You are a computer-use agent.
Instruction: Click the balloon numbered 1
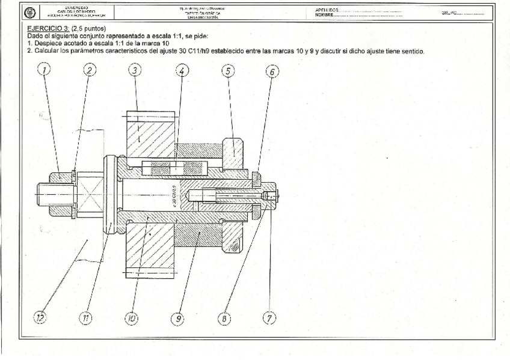tap(44, 71)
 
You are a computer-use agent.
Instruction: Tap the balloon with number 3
tap(135, 71)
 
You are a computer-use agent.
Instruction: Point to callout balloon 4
tap(182, 71)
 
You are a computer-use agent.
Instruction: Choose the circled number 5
tap(227, 71)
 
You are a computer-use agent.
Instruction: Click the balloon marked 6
tap(272, 71)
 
